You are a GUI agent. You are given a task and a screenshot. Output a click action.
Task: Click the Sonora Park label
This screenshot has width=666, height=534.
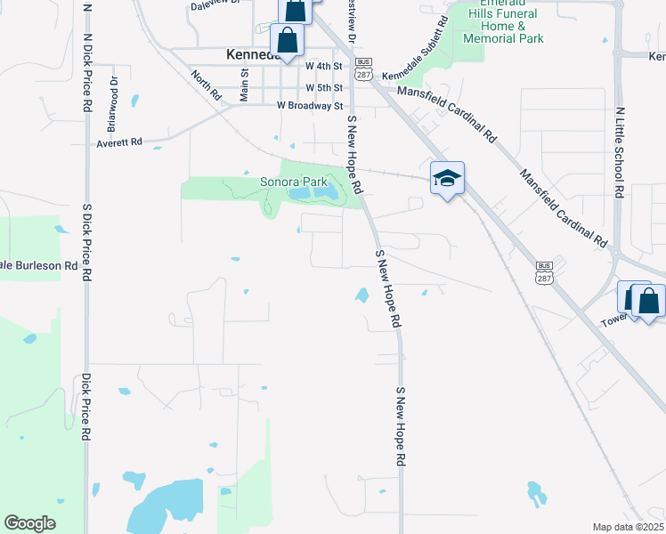click(294, 182)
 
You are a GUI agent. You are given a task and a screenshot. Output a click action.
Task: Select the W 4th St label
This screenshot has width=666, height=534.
click(323, 66)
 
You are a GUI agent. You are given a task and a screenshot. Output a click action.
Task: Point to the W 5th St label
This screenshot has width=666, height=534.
click(323, 88)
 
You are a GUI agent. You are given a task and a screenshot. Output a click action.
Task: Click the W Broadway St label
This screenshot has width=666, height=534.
click(309, 106)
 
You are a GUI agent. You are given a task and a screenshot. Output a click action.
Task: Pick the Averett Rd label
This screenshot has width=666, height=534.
click(119, 142)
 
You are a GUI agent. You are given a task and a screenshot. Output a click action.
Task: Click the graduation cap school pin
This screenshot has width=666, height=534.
click(446, 178)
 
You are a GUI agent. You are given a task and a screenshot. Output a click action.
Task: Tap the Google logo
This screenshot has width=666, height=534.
click(29, 523)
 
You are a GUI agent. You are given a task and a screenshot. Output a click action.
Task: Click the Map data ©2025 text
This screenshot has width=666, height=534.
click(628, 527)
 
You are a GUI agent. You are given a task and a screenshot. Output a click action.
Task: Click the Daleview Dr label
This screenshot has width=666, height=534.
click(215, 4)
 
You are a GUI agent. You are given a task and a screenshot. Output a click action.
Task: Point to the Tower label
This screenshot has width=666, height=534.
click(614, 320)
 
